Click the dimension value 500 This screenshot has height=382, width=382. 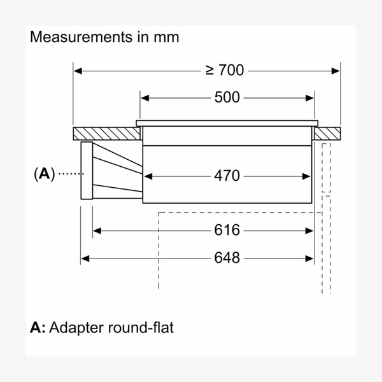pos(227,97)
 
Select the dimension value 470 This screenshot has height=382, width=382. pos(227,175)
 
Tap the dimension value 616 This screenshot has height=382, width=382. pos(227,229)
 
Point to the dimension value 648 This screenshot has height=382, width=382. pos(227,258)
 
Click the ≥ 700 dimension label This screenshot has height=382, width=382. pos(225,69)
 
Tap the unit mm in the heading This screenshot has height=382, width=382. pos(167,37)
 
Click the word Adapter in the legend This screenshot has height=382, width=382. pos(75,329)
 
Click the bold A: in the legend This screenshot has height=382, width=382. pos(38,329)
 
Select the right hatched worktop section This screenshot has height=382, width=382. pos(327,134)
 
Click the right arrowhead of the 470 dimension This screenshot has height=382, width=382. pos(311,175)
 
